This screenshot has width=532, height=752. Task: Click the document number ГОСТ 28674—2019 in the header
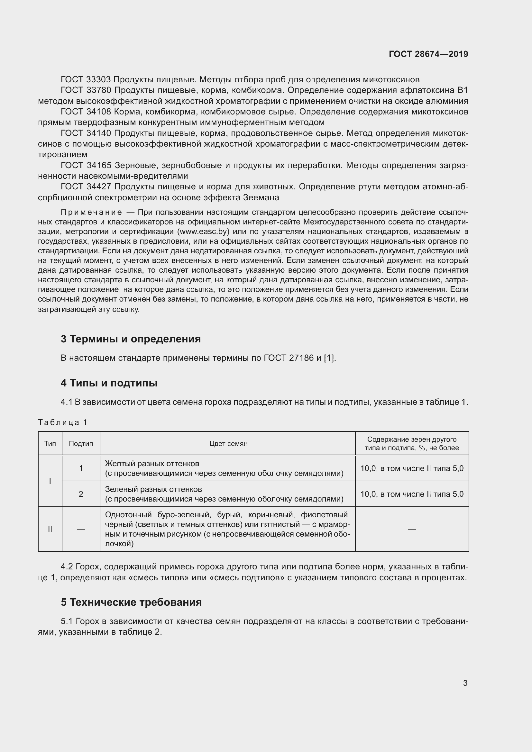[428, 54]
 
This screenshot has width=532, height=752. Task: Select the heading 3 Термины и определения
[130, 339]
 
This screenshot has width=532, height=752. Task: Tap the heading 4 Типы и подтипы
[109, 383]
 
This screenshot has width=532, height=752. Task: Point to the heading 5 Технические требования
[131, 602]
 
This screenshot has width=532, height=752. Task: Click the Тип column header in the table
[50, 443]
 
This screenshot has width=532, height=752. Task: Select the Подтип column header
[81, 443]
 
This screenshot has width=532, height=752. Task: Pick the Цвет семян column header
[228, 443]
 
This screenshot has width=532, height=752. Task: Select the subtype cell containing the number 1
[81, 468]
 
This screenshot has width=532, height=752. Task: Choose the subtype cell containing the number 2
[81, 494]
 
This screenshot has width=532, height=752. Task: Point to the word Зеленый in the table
[119, 489]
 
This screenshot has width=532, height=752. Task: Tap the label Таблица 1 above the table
[62, 422]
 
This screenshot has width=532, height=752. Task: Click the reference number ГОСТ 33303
[86, 80]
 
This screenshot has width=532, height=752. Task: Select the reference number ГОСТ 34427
[86, 187]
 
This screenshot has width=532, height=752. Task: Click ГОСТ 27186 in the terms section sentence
[288, 358]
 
